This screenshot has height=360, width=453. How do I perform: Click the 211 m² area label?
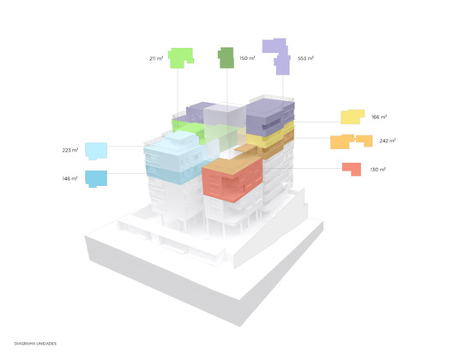[156, 58]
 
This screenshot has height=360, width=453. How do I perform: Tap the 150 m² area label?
[247, 58]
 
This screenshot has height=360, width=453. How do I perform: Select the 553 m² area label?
[305, 58]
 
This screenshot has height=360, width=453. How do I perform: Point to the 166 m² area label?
[379, 117]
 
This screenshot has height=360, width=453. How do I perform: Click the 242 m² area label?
[387, 141]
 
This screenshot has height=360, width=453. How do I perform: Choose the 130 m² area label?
[377, 169]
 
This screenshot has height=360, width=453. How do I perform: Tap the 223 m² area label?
[70, 150]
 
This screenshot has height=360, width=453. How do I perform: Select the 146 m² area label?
[69, 178]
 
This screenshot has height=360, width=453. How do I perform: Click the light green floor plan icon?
[179, 57]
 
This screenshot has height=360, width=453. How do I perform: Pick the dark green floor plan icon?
[226, 57]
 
